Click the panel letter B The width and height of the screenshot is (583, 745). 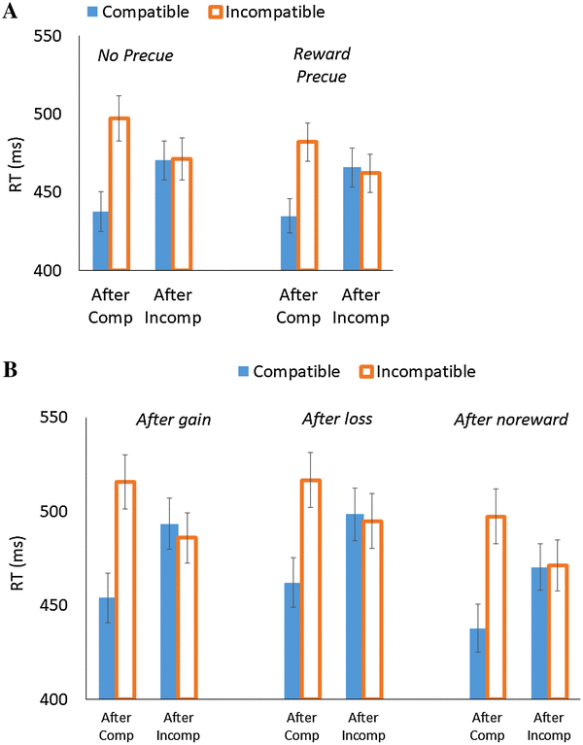[11, 370]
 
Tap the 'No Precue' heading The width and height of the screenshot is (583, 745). [135, 56]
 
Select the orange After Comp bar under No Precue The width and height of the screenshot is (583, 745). [120, 194]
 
